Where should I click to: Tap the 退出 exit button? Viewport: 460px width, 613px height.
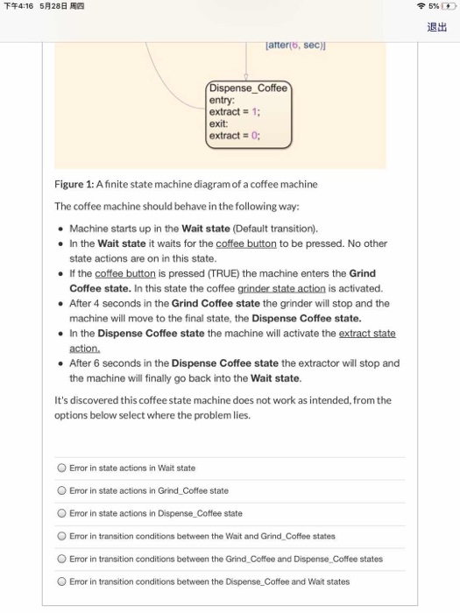(x=436, y=27)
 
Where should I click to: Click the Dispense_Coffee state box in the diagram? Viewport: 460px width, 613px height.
(x=247, y=111)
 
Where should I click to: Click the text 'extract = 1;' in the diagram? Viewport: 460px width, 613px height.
(x=234, y=112)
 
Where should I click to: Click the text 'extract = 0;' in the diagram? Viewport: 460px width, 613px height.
(x=234, y=136)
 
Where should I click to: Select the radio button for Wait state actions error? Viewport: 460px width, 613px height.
(x=61, y=468)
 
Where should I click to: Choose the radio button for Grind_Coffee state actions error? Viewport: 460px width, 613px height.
(x=61, y=490)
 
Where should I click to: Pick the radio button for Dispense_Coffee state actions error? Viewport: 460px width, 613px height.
(x=61, y=513)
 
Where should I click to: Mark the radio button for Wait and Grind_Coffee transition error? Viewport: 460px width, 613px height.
(x=61, y=536)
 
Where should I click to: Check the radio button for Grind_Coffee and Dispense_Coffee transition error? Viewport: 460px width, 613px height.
(x=61, y=559)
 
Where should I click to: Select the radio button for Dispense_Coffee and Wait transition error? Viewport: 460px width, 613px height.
(x=61, y=581)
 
